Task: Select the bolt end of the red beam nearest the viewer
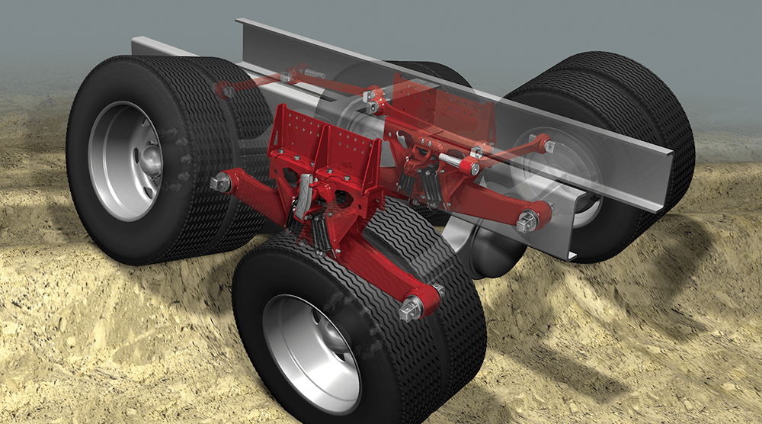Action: point(412,310)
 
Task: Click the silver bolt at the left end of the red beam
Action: point(222,183)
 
